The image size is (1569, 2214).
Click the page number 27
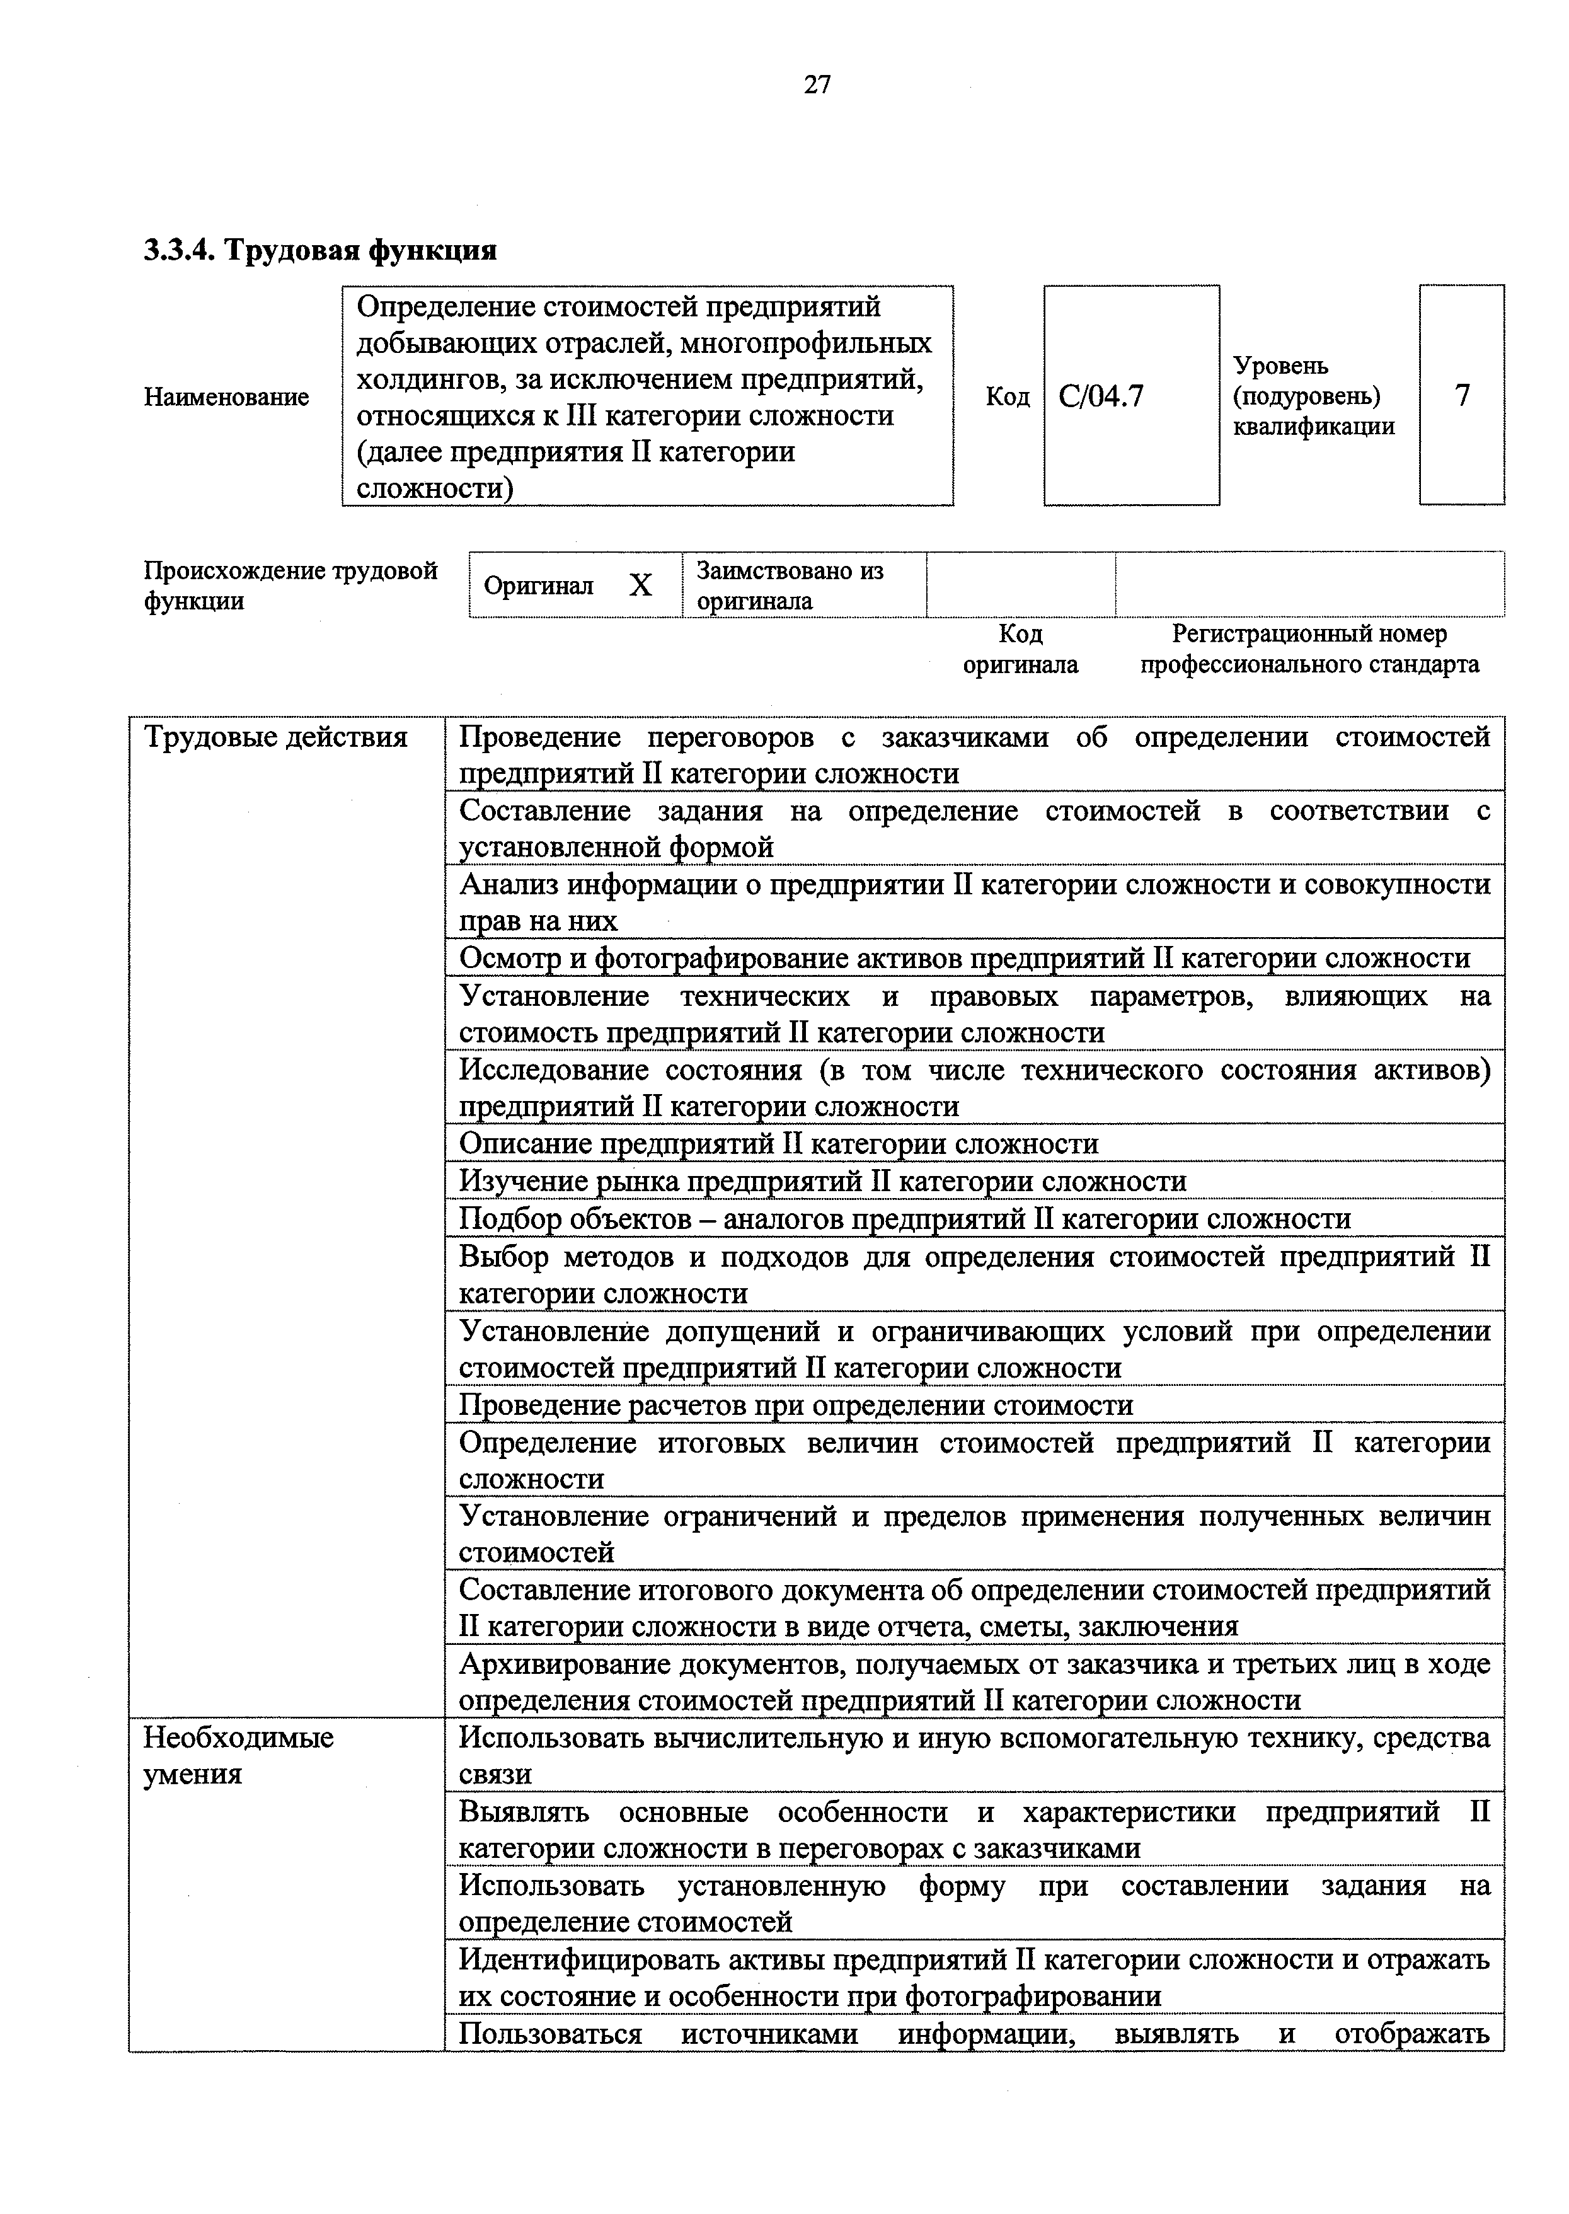817,85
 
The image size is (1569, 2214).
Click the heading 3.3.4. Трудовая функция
320,250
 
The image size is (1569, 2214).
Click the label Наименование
226,397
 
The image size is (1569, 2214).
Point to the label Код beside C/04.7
1007,397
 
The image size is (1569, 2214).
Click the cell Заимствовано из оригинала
790,585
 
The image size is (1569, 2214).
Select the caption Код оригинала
1020,649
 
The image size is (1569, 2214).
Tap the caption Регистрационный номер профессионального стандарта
1309,649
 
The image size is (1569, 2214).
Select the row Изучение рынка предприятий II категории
822,1182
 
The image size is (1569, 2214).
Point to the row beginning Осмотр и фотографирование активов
963,958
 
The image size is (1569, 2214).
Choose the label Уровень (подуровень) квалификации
1313,396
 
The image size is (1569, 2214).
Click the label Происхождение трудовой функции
290,585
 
